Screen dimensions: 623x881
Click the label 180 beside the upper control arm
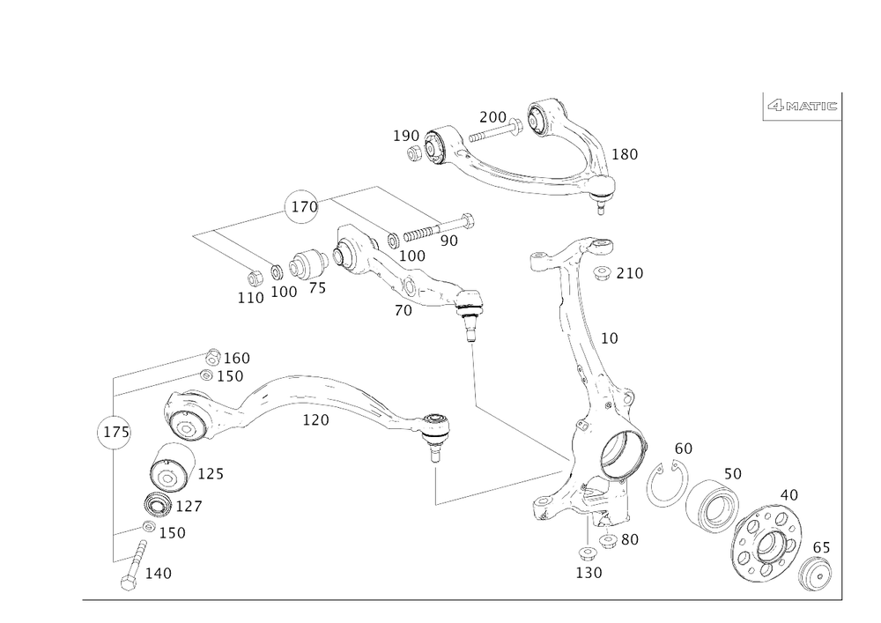(x=625, y=154)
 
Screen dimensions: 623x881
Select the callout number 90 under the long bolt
(x=450, y=240)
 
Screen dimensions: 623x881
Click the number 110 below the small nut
(x=250, y=299)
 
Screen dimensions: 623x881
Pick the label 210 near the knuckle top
(x=629, y=274)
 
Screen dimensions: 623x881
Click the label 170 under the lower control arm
(x=315, y=421)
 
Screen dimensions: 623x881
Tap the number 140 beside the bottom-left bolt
(x=157, y=574)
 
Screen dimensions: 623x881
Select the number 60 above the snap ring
(x=683, y=449)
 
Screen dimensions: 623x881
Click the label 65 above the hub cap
(x=821, y=547)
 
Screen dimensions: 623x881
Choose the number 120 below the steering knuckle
(x=589, y=572)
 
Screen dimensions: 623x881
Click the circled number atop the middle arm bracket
(x=300, y=207)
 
